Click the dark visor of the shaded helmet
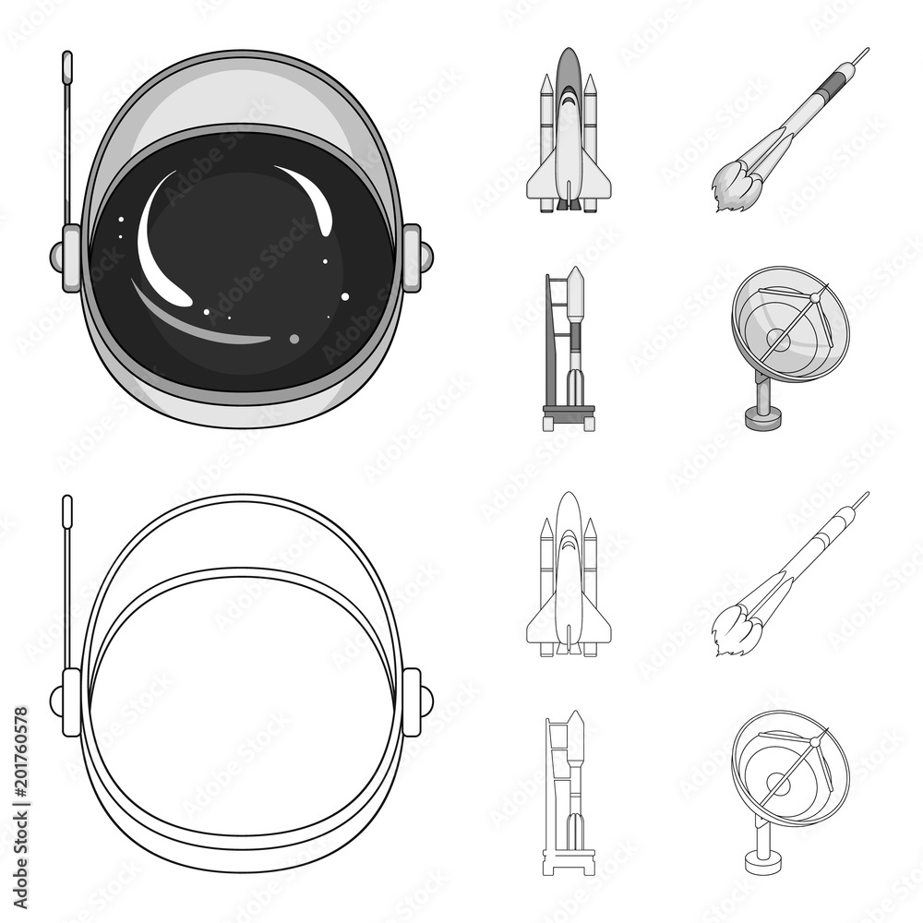click(x=240, y=268)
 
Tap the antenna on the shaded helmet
click(x=66, y=138)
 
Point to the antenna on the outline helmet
click(x=66, y=581)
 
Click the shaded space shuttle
click(x=569, y=138)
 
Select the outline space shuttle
click(x=569, y=581)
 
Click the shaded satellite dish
click(x=789, y=323)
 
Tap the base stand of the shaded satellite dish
click(x=764, y=411)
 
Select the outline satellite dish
click(x=789, y=766)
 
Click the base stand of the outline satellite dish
click(x=764, y=854)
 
